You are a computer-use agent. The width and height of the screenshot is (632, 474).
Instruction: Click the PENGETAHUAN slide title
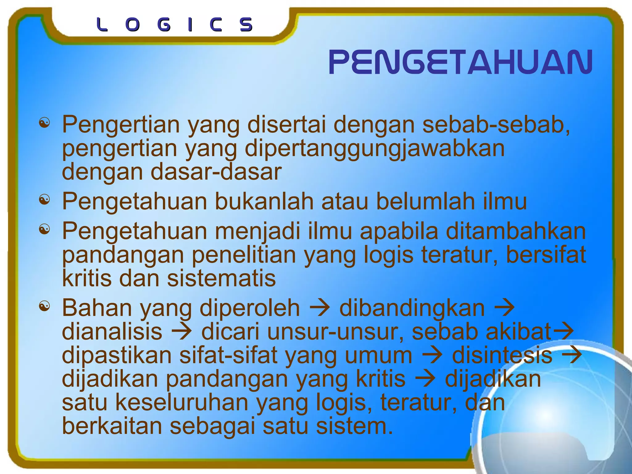(x=460, y=62)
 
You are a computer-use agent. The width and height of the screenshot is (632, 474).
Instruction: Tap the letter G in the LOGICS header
(x=164, y=25)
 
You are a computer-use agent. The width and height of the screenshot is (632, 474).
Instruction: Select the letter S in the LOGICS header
(x=246, y=25)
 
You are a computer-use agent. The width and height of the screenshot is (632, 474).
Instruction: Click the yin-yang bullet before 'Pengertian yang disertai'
(x=44, y=123)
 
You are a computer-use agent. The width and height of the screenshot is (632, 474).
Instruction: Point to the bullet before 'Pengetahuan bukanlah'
(x=44, y=200)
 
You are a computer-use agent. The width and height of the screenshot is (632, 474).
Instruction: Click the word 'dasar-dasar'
(x=216, y=172)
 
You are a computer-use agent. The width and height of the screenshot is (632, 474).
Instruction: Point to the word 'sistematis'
(x=221, y=278)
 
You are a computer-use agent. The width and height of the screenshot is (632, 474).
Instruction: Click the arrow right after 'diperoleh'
(x=320, y=308)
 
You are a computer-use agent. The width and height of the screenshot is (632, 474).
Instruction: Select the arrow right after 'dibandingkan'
(x=504, y=308)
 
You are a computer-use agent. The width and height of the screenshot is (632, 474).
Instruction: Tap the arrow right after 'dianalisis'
(x=182, y=332)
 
